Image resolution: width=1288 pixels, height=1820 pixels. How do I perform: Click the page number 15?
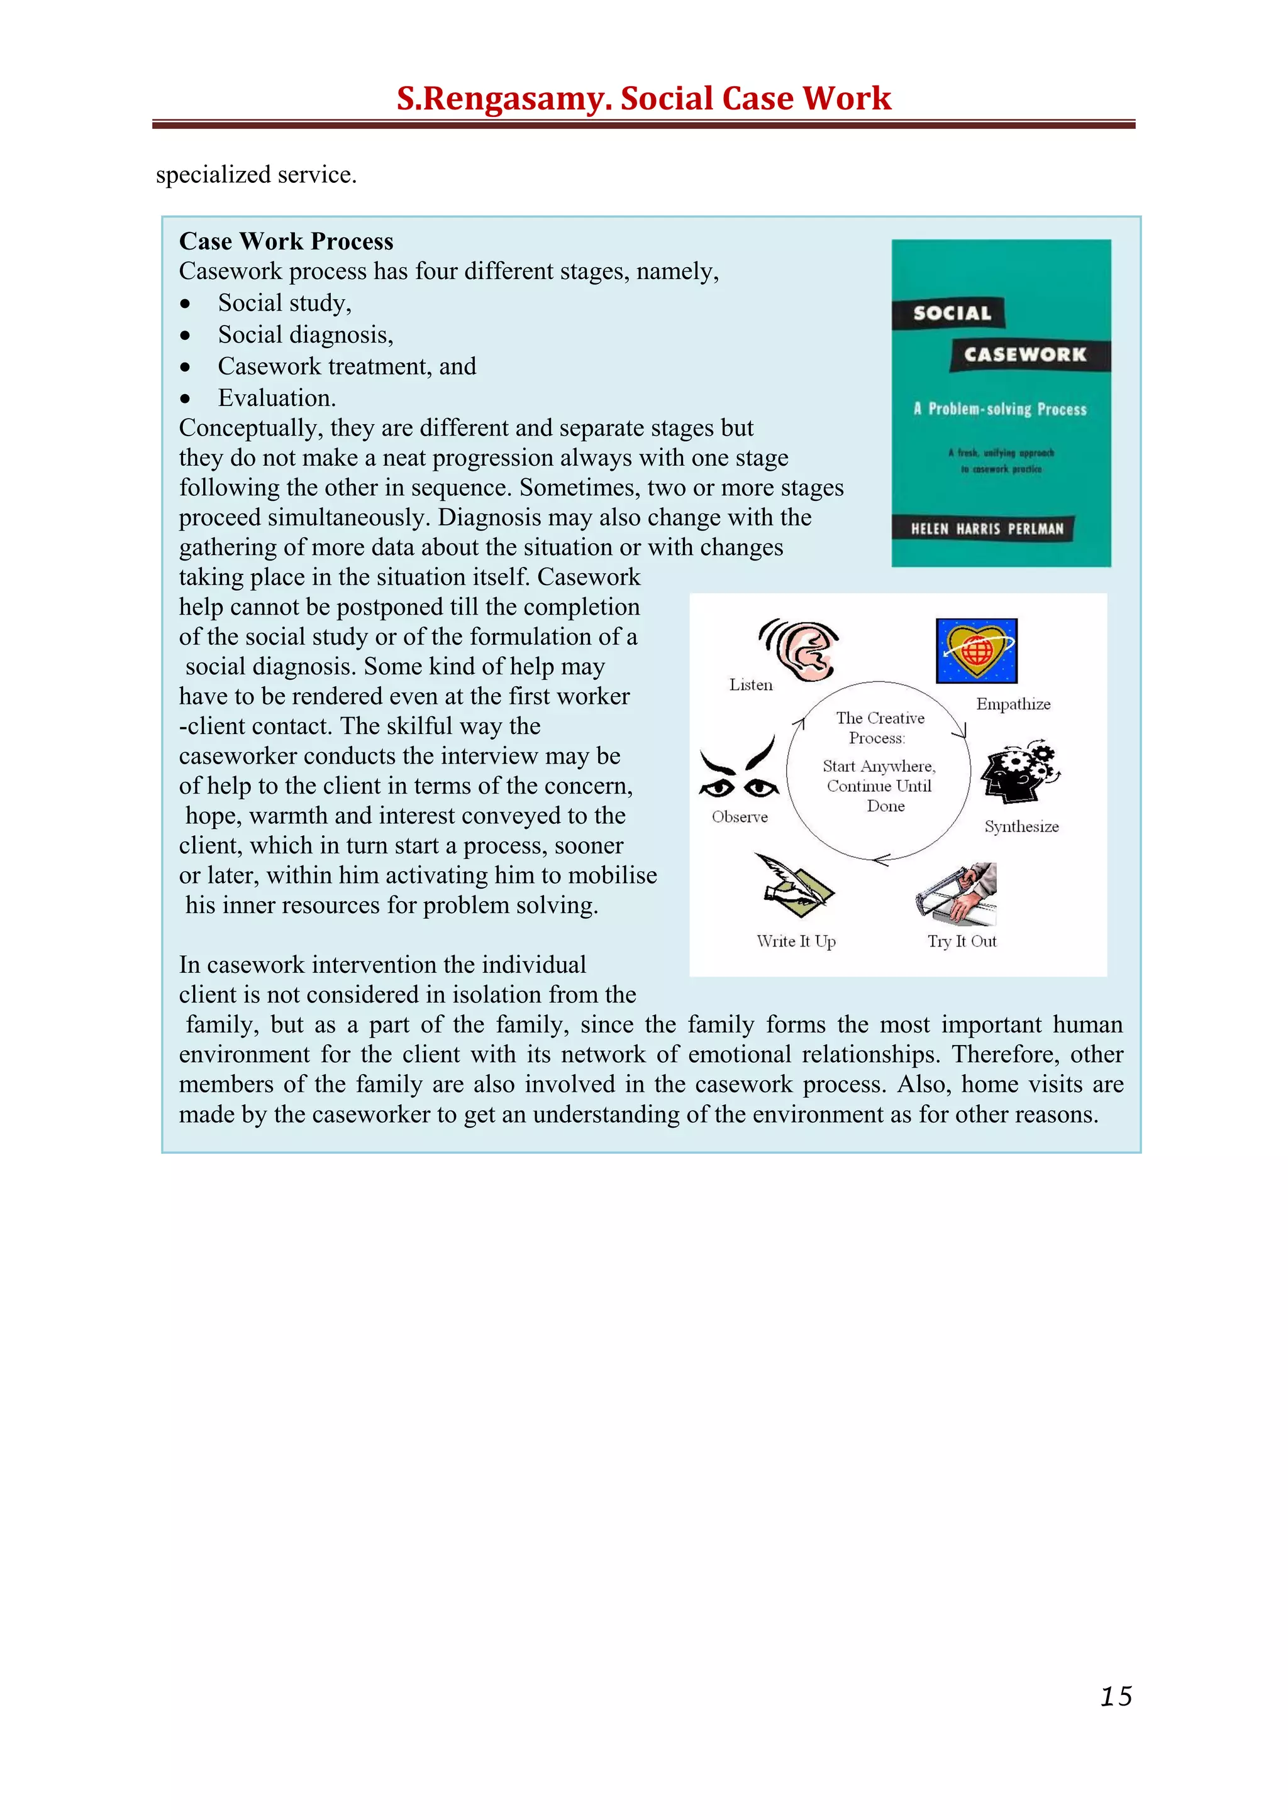[x=1116, y=1696]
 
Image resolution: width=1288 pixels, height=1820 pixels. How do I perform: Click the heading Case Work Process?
[x=286, y=241]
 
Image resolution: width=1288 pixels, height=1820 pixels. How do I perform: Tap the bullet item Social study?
[x=284, y=303]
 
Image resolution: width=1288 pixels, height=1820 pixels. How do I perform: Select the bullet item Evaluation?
[x=276, y=398]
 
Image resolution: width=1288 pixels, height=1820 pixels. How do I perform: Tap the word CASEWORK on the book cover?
[x=1024, y=354]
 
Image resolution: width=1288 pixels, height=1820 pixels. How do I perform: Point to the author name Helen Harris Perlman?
[x=987, y=529]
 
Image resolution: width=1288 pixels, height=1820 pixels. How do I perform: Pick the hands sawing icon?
[x=957, y=894]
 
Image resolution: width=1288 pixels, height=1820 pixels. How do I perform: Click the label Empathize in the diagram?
[x=1013, y=704]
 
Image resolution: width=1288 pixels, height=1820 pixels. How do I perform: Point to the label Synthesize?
[x=1021, y=827]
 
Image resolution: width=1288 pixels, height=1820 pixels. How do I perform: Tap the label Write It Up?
[x=796, y=941]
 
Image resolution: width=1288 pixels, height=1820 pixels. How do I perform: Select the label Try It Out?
[x=962, y=941]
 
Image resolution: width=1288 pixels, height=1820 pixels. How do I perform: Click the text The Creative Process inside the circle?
[x=879, y=727]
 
